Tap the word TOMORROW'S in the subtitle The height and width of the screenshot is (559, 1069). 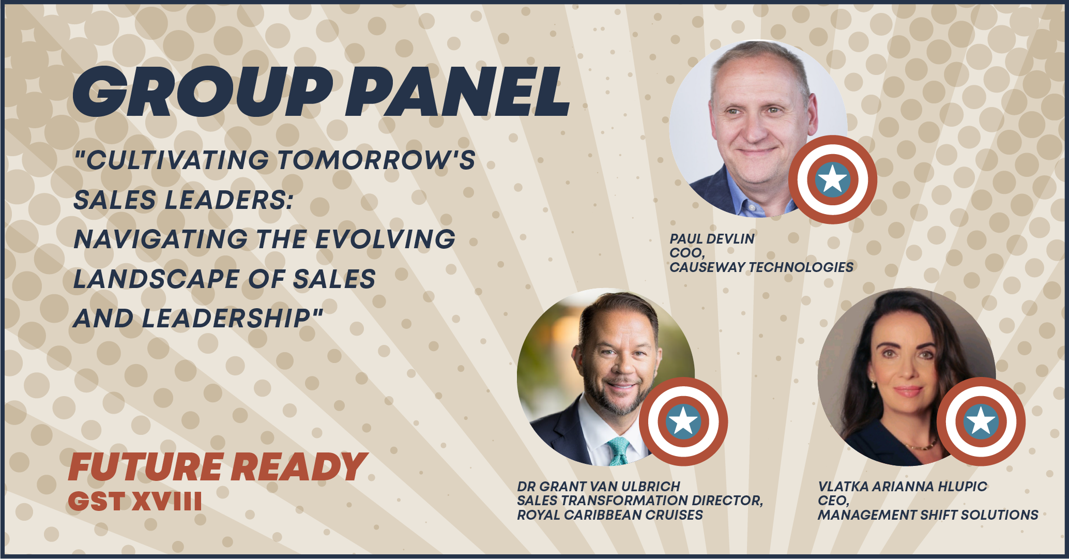[x=376, y=160]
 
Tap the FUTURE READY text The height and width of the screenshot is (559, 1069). [x=217, y=467]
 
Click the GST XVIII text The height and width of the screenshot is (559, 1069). [x=135, y=501]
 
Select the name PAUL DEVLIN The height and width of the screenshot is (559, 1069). [x=712, y=239]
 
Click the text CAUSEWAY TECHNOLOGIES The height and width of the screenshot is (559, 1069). [x=761, y=267]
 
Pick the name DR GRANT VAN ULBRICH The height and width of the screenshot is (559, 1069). [x=599, y=487]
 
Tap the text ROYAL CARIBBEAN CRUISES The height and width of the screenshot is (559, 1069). [x=610, y=515]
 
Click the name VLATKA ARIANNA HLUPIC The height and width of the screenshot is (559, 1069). [x=902, y=487]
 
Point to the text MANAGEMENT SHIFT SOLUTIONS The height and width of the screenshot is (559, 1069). [x=928, y=515]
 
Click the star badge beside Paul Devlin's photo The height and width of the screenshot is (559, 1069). [x=832, y=179]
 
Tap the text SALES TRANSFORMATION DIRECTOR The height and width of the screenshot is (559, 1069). [x=640, y=501]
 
